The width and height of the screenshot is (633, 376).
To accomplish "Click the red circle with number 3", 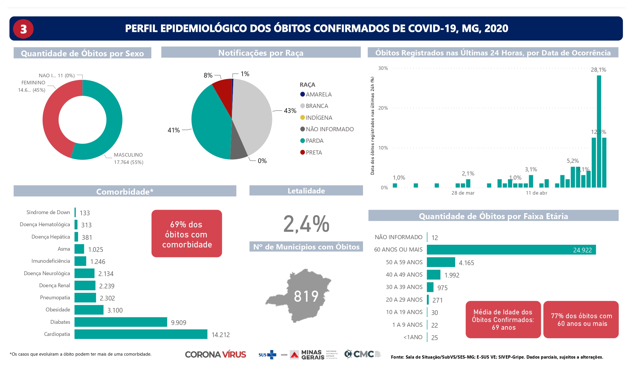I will tap(23, 29).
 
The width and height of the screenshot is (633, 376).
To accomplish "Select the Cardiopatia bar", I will tap(141, 334).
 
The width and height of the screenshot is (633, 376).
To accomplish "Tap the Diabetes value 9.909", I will tap(178, 323).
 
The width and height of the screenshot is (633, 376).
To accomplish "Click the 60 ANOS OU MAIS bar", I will tap(511, 250).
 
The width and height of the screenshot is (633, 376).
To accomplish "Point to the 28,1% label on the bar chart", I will tap(598, 70).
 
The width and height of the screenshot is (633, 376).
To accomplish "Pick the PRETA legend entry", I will tap(314, 152).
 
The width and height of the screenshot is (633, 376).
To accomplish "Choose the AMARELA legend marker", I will tap(302, 94).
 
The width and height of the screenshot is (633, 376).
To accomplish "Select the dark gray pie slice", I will tap(238, 149).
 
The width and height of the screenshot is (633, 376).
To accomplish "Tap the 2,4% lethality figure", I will tap(306, 224).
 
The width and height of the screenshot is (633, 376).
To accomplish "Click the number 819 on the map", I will tap(306, 296).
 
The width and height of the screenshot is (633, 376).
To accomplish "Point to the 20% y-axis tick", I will tap(383, 108).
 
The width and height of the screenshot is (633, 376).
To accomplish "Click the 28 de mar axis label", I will tap(463, 193).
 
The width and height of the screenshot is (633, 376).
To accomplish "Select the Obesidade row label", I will tap(58, 310).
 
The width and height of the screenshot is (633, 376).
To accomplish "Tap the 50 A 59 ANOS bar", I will tap(441, 262).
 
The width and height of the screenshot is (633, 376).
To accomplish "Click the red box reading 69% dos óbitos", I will tap(187, 234).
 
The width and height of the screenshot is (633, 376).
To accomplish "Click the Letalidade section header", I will tap(306, 191).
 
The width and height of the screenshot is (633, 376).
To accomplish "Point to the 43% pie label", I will tap(290, 111).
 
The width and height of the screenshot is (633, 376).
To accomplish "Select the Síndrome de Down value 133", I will tap(85, 213).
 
